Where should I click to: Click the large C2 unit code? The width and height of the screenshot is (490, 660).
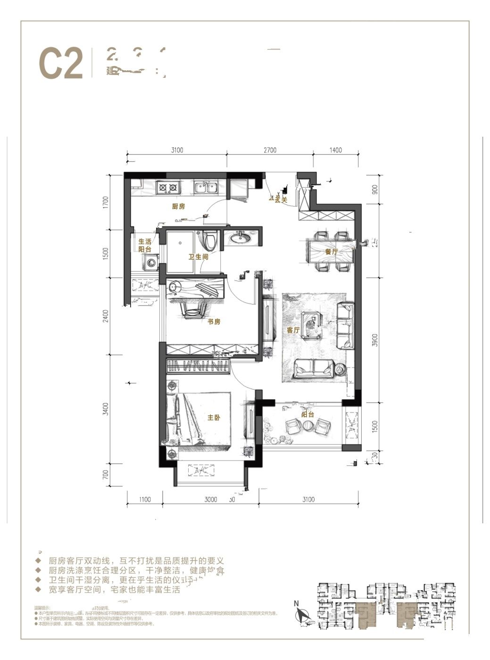[61, 64]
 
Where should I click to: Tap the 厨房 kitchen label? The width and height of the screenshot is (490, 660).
[178, 206]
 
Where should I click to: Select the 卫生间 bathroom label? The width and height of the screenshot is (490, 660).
[198, 257]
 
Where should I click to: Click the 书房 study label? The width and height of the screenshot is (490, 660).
[214, 322]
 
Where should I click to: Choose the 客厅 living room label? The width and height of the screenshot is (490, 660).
[293, 330]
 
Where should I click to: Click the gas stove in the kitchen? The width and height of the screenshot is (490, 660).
[168, 188]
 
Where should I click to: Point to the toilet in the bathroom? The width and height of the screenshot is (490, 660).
[210, 241]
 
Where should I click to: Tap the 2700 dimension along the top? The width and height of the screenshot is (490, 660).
[270, 150]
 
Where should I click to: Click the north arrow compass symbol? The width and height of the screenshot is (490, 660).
[301, 614]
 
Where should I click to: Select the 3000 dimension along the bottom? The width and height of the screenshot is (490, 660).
[210, 500]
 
